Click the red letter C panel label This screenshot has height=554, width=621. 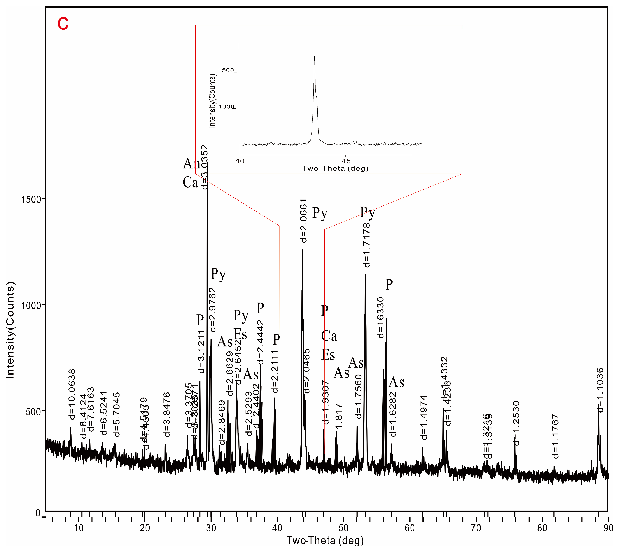point(63,23)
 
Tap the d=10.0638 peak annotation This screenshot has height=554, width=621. point(72,394)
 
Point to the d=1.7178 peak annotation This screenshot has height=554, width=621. point(367,245)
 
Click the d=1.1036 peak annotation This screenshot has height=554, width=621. point(600,390)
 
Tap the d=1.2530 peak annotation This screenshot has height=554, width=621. point(516,423)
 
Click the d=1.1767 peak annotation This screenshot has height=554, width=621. point(555,436)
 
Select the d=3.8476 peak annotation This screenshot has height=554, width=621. point(167,415)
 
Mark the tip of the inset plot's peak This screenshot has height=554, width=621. point(315,56)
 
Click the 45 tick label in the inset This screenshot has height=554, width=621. point(346,161)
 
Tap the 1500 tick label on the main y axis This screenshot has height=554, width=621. point(31,199)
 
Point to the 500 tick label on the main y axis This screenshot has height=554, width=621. point(33,412)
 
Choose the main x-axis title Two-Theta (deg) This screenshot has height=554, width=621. point(325,541)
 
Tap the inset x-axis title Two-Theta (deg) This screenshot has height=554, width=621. point(335,168)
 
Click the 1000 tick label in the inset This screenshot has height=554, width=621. point(226,107)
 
